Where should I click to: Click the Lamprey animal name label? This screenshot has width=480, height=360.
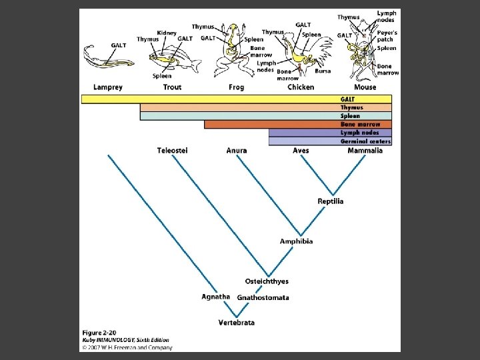pos(107,87)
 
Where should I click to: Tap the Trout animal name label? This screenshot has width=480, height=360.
pos(172,87)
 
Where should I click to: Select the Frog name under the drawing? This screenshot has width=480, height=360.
pos(236,87)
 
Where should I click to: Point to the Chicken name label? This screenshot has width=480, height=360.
pos(300,87)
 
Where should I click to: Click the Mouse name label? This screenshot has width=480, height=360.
pos(365,87)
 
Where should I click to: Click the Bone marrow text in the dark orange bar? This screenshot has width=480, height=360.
pos(360,124)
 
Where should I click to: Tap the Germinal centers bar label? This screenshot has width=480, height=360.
pos(365,141)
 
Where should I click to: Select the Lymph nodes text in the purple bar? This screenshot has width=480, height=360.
pos(359,133)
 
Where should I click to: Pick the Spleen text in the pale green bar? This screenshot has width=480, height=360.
pos(350,116)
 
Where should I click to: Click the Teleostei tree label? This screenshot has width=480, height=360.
pos(172,151)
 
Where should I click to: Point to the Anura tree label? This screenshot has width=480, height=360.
pos(236,151)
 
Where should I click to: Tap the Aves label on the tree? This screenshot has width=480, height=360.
pos(301,151)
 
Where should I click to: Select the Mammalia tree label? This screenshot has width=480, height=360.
pos(365,151)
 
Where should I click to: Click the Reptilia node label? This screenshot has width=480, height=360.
pos(331,201)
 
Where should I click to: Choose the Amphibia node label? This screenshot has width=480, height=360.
pos(296,241)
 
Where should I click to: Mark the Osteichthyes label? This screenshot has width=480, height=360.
pos(267,281)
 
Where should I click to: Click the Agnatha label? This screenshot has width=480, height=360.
pos(216,297)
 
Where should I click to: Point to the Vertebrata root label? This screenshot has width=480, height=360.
pos(236,323)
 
